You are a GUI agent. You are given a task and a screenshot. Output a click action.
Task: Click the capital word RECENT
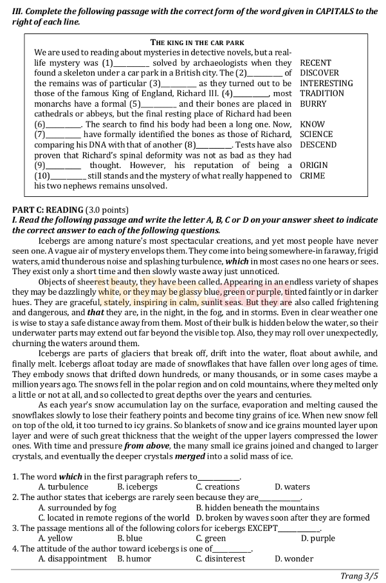click(x=315, y=63)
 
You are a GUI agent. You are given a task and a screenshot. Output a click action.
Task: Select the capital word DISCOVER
click(x=319, y=73)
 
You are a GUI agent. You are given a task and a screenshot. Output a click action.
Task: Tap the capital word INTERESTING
click(x=326, y=84)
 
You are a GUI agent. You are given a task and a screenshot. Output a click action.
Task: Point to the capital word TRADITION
click(x=322, y=93)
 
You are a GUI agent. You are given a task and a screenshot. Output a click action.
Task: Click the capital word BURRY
click(x=313, y=104)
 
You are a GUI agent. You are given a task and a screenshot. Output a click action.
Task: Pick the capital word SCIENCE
click(x=316, y=134)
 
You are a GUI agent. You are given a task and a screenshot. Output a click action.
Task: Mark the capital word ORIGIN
click(x=313, y=165)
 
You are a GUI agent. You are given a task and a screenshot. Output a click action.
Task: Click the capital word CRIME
click(x=312, y=176)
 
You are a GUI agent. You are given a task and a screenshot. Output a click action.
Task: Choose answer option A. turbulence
click(x=63, y=487)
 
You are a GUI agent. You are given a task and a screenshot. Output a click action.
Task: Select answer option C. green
click(x=211, y=539)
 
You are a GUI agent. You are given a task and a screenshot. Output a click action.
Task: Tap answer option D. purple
click(x=318, y=539)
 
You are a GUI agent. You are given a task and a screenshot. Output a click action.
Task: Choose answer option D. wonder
click(x=294, y=559)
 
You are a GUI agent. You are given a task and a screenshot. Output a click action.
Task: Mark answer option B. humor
click(x=134, y=559)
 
